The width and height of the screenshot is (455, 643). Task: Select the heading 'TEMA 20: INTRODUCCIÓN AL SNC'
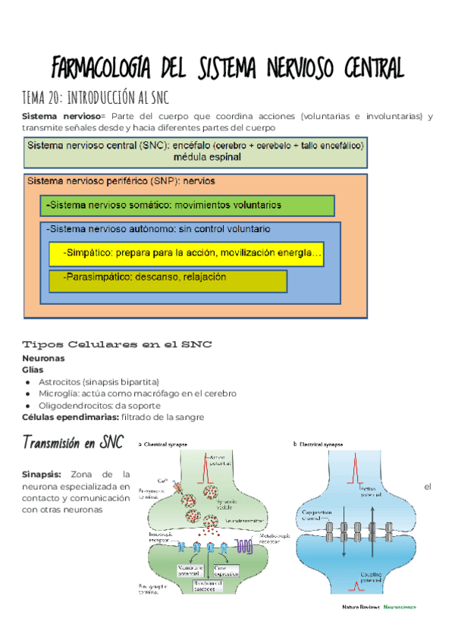tap(96, 98)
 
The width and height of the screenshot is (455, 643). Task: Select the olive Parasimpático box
tap(168, 280)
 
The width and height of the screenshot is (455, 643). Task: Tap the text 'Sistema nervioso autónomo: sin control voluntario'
tap(158, 228)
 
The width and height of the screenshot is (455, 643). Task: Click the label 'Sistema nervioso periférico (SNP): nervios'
tap(121, 181)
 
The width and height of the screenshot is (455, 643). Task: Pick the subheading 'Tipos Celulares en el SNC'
tap(117, 344)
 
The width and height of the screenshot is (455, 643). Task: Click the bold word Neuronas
tap(43, 358)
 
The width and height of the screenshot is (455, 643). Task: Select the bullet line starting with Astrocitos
tap(99, 382)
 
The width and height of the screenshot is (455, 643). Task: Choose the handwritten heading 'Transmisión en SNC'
tap(73, 442)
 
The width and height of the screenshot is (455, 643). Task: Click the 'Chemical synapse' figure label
tap(167, 444)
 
